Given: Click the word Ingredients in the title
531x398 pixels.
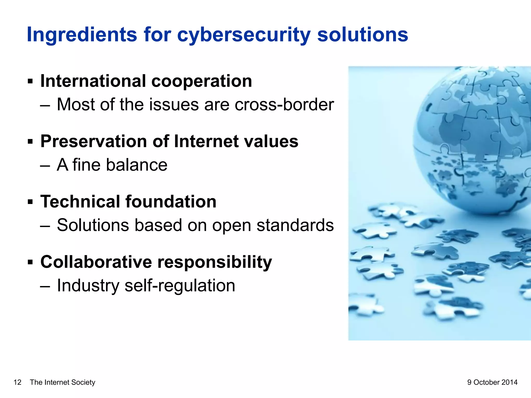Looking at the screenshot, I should point(82,35).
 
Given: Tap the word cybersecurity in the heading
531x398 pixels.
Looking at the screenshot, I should point(244,35).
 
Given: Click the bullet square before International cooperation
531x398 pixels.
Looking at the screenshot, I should point(30,82).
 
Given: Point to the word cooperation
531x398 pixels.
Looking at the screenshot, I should point(201,82).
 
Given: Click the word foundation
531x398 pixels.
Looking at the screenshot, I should point(171,202).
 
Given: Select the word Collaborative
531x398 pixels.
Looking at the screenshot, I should point(96,262).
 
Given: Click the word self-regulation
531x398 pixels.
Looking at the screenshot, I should point(180,286).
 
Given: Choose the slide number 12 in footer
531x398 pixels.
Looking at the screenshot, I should point(17,382).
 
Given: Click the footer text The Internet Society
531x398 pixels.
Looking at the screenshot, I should point(62,382).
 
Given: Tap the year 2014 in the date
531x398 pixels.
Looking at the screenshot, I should point(509,382).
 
